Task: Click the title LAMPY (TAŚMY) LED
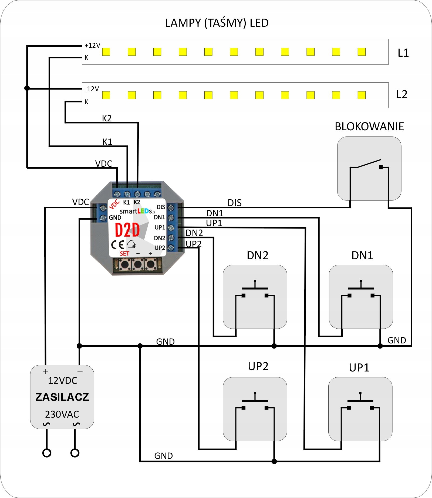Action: click(217, 23)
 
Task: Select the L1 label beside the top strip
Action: click(403, 53)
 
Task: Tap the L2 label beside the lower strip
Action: click(402, 94)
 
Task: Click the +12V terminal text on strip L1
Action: click(92, 46)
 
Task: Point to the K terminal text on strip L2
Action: click(86, 102)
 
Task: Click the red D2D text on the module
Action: click(127, 230)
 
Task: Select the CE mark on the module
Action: click(117, 244)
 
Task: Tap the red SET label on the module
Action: click(124, 254)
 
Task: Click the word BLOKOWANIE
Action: click(369, 127)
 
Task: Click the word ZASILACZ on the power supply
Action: click(62, 397)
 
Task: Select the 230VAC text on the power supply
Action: click(62, 414)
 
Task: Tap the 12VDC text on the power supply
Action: click(63, 381)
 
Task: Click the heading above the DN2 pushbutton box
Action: click(258, 255)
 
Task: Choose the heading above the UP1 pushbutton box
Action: click(359, 367)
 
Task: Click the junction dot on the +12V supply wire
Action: click(27, 88)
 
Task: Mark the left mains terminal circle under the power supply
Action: click(47, 453)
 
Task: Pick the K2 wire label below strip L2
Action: click(107, 118)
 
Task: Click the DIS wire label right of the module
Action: click(234, 203)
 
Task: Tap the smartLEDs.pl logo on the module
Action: click(137, 211)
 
